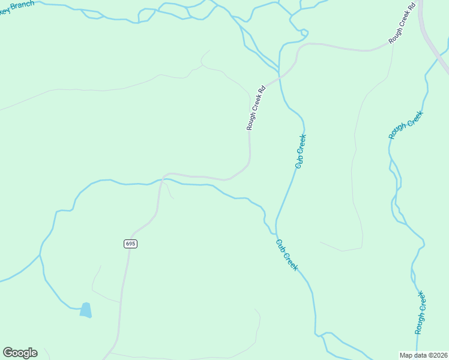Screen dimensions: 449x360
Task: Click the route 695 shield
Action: pos(131,244)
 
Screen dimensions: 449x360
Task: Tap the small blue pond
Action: pos(86,310)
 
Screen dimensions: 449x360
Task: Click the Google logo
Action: pos(20,353)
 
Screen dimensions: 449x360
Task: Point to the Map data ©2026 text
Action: pos(424,355)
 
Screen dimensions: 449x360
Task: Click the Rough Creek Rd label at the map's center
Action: pos(256,108)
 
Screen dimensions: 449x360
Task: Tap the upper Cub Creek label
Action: pos(301,151)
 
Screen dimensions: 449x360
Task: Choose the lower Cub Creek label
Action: pos(287,255)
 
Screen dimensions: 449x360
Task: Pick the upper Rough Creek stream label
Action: pos(406,125)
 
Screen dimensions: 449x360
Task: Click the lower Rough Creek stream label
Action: pos(421,313)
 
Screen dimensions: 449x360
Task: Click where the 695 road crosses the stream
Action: pos(161,179)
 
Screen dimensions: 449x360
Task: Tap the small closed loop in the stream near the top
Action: pos(304,32)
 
